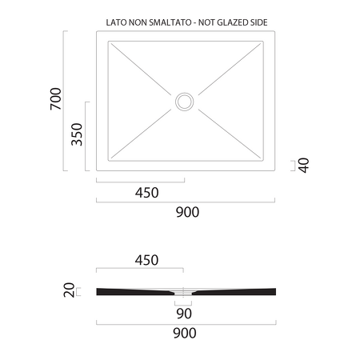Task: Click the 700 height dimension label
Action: pos(56,98)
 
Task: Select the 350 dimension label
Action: pos(77,134)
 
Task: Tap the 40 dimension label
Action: pos(303,166)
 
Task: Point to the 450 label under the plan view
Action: pos(146,193)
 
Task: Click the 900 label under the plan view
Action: pos(187,212)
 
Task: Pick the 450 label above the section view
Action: pos(146,260)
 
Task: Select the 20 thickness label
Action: pos(69,290)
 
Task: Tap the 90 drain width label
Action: pos(184,314)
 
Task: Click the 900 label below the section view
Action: pos(185,333)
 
